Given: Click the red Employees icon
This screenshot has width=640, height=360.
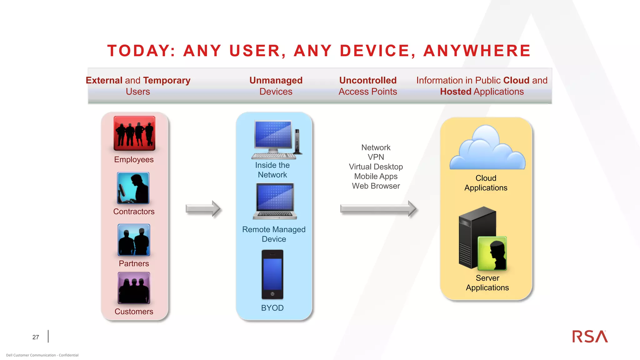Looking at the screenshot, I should click(134, 133).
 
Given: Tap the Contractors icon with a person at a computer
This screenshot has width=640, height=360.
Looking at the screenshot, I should click(133, 188).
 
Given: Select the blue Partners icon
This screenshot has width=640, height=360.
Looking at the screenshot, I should click(134, 240).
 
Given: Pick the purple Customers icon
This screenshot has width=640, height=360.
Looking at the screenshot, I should click(134, 288).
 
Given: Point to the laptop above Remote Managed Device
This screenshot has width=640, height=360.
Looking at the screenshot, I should click(275, 201).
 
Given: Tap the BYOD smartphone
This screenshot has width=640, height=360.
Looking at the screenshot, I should click(272, 274).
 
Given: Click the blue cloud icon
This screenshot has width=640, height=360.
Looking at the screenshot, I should click(487, 149).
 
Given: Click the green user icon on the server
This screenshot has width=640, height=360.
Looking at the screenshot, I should click(492, 253).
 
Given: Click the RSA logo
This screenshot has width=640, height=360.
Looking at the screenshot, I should click(590, 337).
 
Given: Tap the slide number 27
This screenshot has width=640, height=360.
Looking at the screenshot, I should click(36, 337).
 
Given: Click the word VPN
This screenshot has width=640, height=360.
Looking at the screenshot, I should click(376, 157).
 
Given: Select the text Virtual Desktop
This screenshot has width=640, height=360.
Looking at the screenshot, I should click(376, 167).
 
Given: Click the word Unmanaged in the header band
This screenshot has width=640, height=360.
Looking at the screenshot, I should click(276, 80).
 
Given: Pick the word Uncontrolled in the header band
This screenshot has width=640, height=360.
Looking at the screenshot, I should click(368, 80).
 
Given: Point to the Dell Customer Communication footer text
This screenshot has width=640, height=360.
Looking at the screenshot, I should click(42, 355).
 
